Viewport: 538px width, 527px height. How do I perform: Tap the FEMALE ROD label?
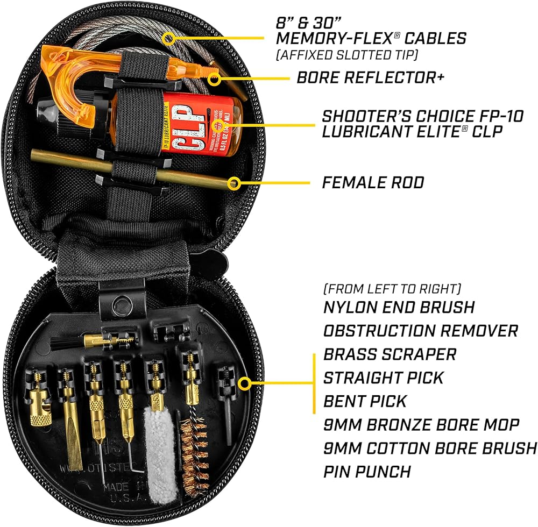click(x=373, y=183)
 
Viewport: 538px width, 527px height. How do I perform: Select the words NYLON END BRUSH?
click(x=399, y=307)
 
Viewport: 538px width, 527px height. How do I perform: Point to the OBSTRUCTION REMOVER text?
click(x=420, y=330)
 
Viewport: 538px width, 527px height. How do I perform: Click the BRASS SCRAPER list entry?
click(x=390, y=354)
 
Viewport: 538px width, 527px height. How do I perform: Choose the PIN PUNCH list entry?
click(x=367, y=472)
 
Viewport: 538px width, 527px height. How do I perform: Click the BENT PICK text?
click(x=365, y=401)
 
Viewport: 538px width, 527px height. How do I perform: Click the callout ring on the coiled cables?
click(x=168, y=39)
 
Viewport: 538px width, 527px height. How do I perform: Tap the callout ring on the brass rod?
click(x=233, y=183)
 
